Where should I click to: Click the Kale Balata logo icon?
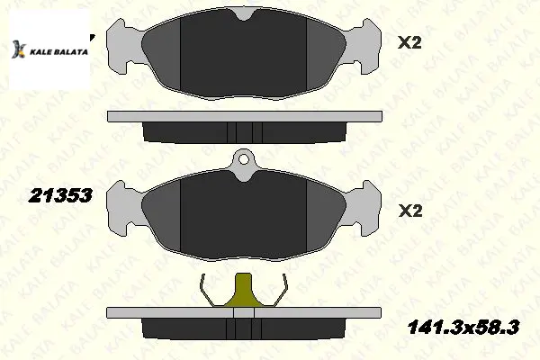click(19, 49)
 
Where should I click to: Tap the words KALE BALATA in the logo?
click(58, 52)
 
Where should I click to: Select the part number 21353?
click(60, 195)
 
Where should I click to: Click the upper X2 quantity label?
click(409, 43)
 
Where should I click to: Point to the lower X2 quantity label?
click(410, 211)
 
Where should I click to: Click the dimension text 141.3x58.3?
click(463, 327)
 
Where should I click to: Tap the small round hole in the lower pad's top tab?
click(244, 159)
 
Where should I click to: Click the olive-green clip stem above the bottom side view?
click(244, 291)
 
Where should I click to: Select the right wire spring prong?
click(280, 291)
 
